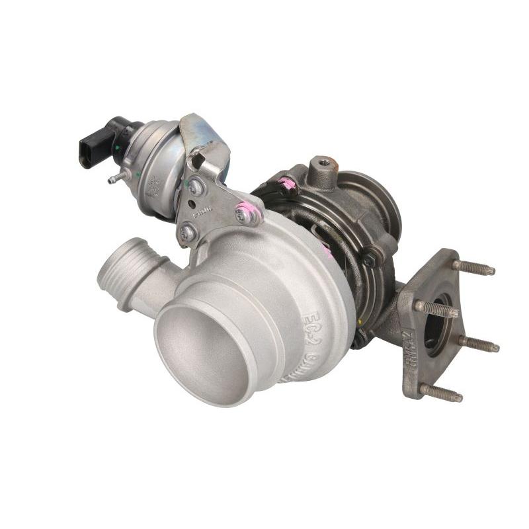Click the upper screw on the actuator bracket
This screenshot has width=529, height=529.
click(195, 188)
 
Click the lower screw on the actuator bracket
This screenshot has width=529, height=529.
click(187, 232)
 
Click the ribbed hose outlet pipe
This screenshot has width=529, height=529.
click(126, 270)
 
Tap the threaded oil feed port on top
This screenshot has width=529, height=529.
click(323, 163)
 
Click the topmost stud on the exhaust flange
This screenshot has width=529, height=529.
click(473, 267)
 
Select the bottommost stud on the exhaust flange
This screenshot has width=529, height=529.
click(440, 393)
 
